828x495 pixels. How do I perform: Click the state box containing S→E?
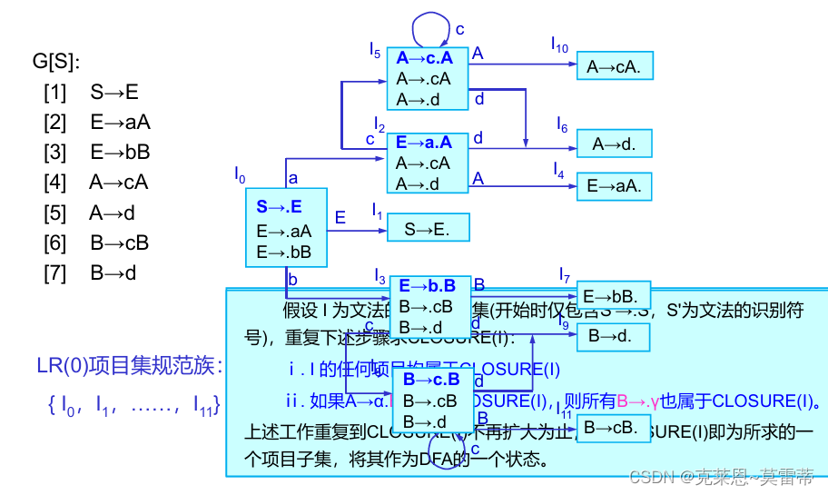[428, 227]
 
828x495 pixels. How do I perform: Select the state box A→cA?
[614, 65]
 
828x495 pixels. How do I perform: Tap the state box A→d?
[614, 143]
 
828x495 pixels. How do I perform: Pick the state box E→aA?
[614, 185]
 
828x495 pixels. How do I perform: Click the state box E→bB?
[614, 295]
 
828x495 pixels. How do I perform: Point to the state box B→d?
[614, 336]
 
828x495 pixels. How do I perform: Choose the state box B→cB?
[614, 425]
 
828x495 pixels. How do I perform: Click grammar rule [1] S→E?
[91, 92]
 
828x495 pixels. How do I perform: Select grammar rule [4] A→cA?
[95, 182]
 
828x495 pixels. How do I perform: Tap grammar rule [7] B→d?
[95, 272]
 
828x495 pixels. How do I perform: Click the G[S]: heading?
[56, 62]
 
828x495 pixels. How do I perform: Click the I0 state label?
[240, 173]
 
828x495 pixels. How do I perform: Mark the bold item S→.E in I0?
[279, 206]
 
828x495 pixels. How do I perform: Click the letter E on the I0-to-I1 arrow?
[340, 217]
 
